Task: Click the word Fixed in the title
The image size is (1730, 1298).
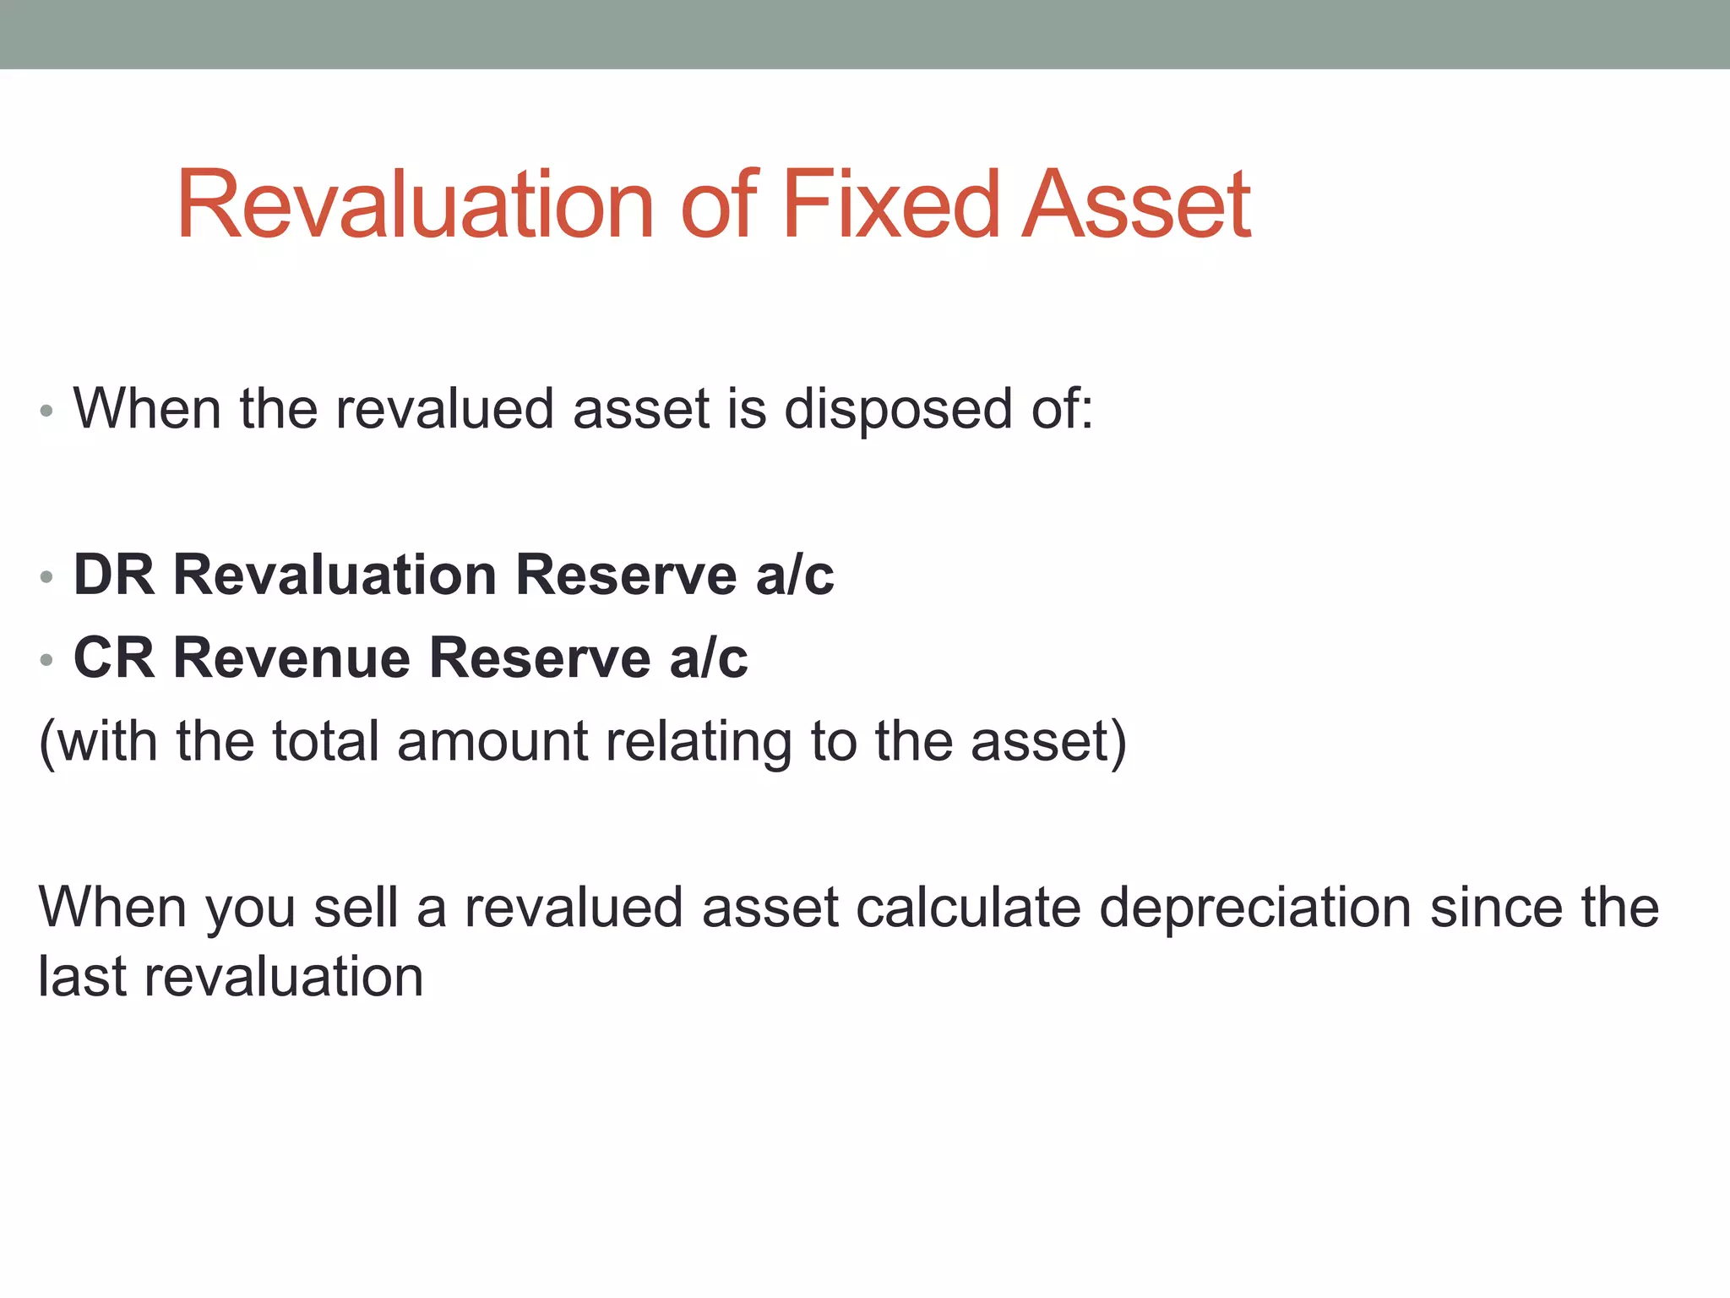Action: (890, 205)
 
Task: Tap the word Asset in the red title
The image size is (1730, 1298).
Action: (1136, 205)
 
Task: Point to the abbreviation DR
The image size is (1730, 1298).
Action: (114, 575)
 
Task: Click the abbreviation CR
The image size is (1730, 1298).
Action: (114, 658)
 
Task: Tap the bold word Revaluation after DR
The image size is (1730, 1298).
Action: (335, 575)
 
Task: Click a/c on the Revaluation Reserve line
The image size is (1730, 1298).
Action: (794, 575)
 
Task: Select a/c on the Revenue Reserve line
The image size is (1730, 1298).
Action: (708, 658)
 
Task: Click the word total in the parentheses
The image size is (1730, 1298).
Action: (325, 741)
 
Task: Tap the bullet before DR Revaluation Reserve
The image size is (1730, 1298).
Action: (46, 578)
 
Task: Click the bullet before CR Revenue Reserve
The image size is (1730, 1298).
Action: (46, 661)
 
